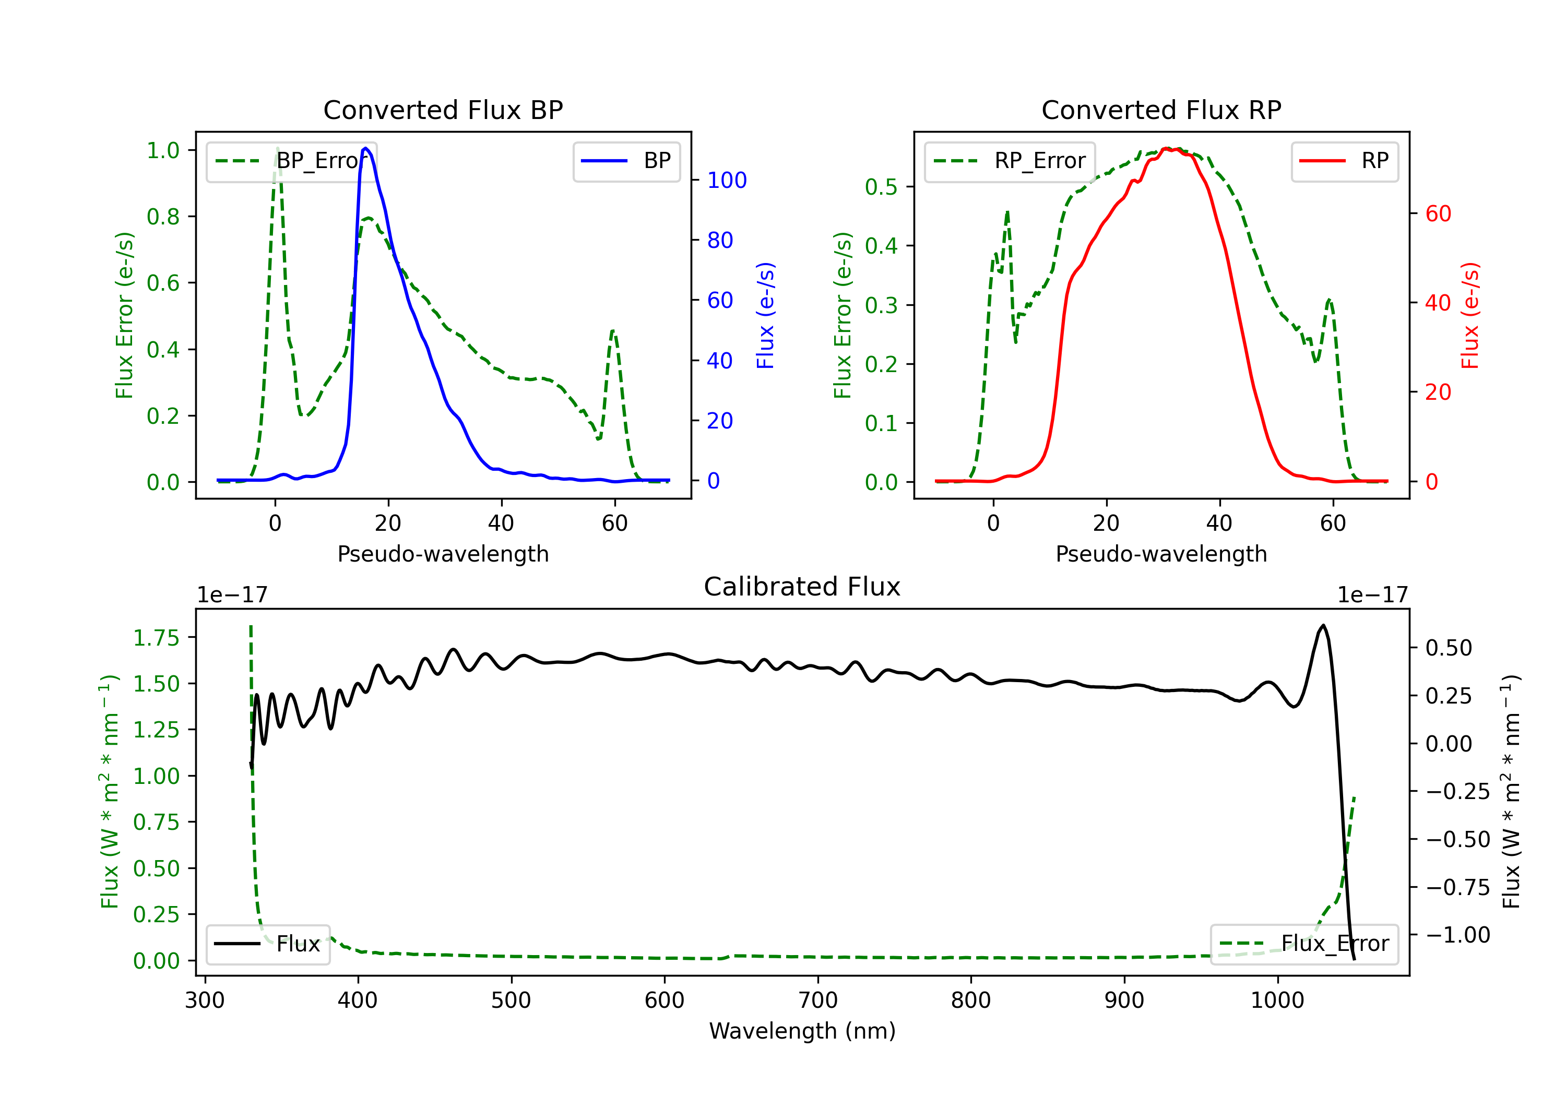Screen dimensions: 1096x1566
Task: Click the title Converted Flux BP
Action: coord(443,110)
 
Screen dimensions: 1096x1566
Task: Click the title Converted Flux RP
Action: coord(1161,110)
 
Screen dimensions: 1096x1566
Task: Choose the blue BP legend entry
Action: coord(626,161)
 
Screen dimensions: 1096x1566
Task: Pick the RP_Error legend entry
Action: coord(1010,161)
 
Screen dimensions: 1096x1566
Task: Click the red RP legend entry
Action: coord(1344,161)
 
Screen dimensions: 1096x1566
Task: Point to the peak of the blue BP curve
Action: coord(365,148)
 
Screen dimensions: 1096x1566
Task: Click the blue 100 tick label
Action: coord(727,180)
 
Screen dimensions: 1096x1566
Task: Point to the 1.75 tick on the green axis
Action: coord(156,638)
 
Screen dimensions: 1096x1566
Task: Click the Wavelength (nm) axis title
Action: coord(802,1031)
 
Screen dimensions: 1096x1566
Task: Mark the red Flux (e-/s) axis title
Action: coord(1470,315)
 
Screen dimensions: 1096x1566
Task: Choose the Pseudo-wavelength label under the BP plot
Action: coord(443,554)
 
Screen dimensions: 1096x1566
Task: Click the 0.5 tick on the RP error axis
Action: coord(881,187)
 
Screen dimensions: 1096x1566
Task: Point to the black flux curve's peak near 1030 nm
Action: coord(1323,625)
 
